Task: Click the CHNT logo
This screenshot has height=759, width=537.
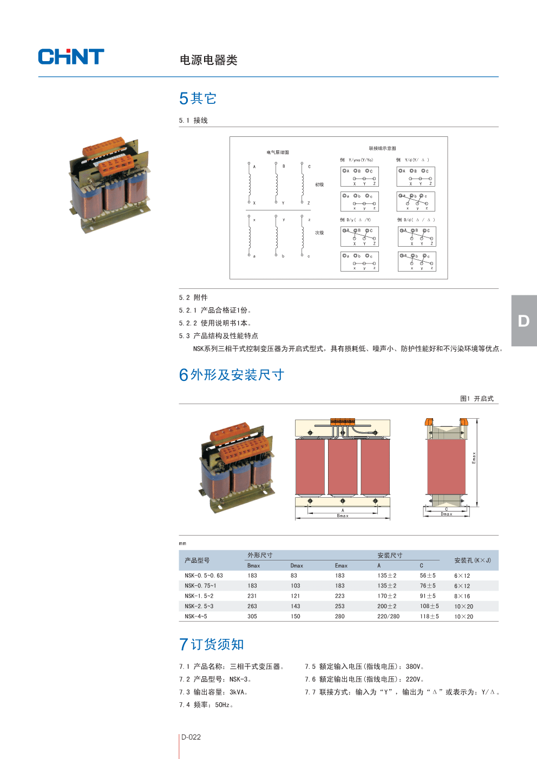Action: click(71, 57)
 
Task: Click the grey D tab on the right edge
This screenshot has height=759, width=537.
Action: click(523, 321)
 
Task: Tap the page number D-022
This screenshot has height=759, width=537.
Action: click(191, 737)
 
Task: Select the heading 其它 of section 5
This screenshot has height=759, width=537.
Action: click(204, 98)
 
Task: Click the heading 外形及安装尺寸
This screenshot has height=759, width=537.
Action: click(237, 375)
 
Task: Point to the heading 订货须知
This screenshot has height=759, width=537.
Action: click(217, 644)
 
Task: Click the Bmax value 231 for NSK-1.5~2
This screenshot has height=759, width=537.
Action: click(252, 596)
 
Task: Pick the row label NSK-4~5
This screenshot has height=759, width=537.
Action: click(196, 616)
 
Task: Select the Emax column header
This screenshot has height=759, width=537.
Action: click(341, 566)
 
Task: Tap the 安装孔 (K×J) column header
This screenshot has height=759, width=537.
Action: click(472, 560)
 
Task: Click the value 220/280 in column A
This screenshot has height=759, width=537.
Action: click(388, 616)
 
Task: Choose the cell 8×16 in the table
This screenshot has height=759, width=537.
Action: click(462, 596)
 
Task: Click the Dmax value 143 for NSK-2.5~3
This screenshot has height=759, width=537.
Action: click(296, 606)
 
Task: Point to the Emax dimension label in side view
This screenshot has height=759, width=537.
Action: click(474, 458)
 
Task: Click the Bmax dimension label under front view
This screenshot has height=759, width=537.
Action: click(343, 516)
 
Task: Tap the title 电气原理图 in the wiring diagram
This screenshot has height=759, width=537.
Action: click(278, 153)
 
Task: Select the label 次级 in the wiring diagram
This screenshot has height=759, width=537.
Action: click(319, 233)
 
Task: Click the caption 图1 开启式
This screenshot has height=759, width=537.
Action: click(476, 399)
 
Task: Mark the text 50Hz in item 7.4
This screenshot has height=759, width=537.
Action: click(222, 705)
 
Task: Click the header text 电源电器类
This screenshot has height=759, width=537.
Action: click(208, 60)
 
